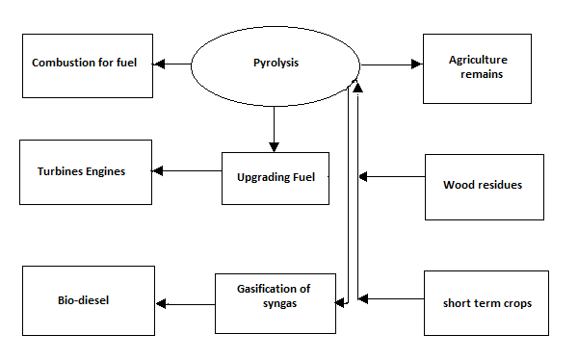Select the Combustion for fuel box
tap(88, 64)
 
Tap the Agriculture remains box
tap(478, 66)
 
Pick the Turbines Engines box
tap(85, 171)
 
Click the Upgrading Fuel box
tap(275, 177)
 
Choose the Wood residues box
tap(484, 186)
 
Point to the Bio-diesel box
tap(88, 300)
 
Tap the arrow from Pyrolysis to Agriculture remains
tap(391, 64)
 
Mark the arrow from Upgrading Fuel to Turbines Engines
tap(187, 172)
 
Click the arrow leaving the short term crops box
tap(391, 299)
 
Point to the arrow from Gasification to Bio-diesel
tap(185, 304)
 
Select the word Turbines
tap(60, 171)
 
